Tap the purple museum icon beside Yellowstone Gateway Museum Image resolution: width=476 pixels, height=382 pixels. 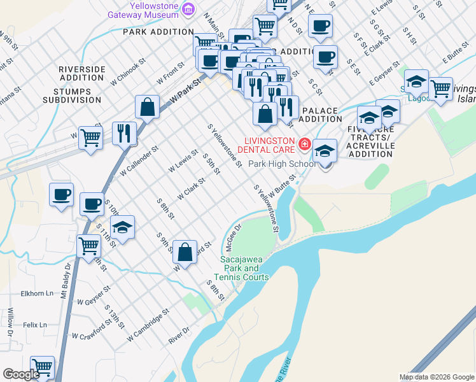[x=188, y=9]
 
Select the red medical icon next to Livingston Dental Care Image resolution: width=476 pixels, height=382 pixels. [x=304, y=145]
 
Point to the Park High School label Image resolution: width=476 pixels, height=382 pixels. [x=281, y=164]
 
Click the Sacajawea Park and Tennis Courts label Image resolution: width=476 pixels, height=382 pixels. [x=244, y=268]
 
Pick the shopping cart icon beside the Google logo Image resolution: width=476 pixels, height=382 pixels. [x=42, y=367]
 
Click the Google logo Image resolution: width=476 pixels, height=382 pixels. [x=21, y=374]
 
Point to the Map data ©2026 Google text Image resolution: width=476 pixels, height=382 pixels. [x=437, y=377]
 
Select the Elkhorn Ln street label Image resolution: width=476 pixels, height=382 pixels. [x=37, y=294]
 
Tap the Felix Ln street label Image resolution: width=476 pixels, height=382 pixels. [x=35, y=325]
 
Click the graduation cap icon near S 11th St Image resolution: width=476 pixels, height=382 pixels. [x=122, y=227]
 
